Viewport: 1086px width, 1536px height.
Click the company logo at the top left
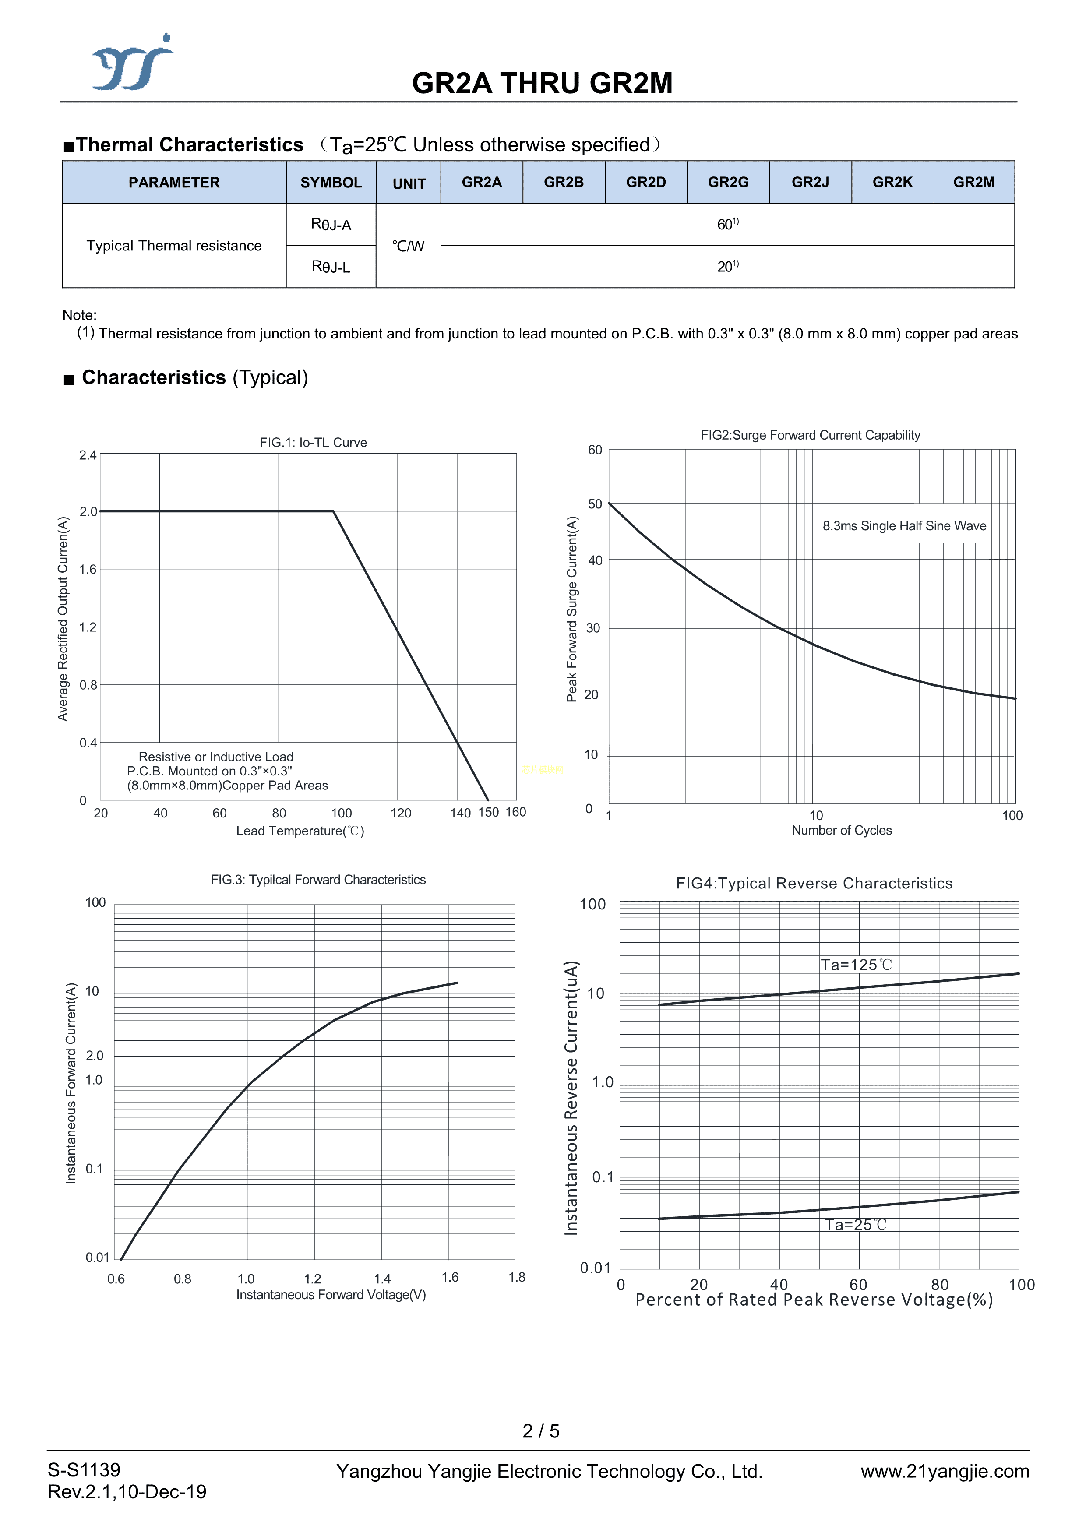[x=132, y=63]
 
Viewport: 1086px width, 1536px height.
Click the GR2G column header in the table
[x=728, y=182]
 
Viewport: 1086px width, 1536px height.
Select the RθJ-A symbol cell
[x=331, y=225]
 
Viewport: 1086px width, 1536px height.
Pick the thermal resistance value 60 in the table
[x=727, y=224]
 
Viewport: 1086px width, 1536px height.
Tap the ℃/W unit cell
[x=408, y=246]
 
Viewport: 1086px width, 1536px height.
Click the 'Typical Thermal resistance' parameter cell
[x=174, y=246]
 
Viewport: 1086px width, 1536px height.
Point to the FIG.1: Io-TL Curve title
[x=313, y=442]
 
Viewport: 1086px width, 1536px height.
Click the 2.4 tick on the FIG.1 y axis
[x=88, y=455]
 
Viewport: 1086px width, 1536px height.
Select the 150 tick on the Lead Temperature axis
[x=488, y=812]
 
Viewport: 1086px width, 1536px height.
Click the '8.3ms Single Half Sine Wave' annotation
[x=904, y=526]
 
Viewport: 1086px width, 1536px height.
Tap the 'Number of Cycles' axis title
[x=841, y=830]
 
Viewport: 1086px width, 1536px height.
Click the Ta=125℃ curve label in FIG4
[x=856, y=965]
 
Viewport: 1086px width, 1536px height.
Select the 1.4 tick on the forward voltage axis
[x=382, y=1279]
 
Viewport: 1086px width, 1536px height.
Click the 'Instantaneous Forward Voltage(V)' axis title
[x=331, y=1294]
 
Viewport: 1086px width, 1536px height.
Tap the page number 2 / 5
[x=541, y=1430]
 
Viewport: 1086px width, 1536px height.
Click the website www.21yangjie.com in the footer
[x=944, y=1471]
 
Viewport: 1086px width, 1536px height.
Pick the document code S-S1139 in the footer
[x=84, y=1470]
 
